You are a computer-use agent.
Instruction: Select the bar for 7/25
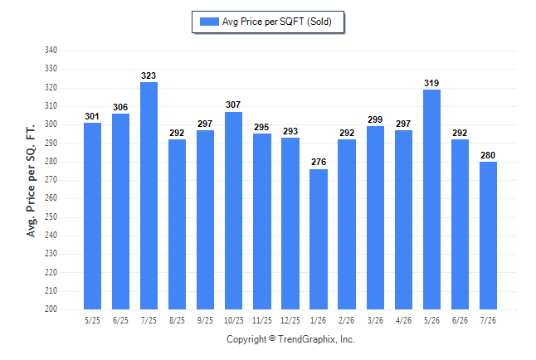[x=149, y=196]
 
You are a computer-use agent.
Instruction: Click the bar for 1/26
[x=319, y=240]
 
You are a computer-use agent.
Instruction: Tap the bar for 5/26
[x=431, y=199]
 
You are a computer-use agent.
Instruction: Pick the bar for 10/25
[x=233, y=211]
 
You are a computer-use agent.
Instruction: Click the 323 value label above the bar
[x=149, y=75]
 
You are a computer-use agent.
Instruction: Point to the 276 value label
[x=319, y=162]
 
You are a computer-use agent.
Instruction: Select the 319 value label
[x=431, y=83]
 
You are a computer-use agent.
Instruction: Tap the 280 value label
[x=488, y=155]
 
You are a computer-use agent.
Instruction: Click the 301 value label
[x=92, y=116]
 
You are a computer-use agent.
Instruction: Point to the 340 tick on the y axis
[x=51, y=51]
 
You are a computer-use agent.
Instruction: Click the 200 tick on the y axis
[x=51, y=309]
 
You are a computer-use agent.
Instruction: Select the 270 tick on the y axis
[x=51, y=179]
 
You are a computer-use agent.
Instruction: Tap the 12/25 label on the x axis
[x=290, y=320]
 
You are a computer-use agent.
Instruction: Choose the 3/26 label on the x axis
[x=375, y=320]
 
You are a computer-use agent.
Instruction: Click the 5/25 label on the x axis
[x=92, y=320]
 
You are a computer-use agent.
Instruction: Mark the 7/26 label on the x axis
[x=488, y=320]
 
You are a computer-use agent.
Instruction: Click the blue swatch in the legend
[x=209, y=22]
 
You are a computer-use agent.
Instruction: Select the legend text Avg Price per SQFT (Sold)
[x=277, y=22]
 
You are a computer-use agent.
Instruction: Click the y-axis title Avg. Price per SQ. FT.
[x=31, y=181]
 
